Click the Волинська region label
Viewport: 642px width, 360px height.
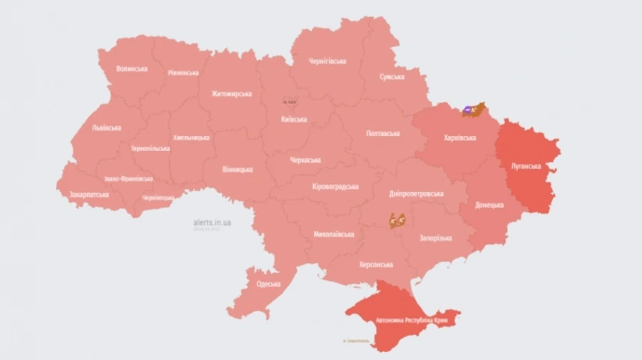pyautogui.click(x=132, y=69)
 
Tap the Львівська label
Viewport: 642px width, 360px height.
pyautogui.click(x=106, y=128)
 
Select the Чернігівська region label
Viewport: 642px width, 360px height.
pyautogui.click(x=327, y=61)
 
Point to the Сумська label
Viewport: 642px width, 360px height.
pyautogui.click(x=392, y=77)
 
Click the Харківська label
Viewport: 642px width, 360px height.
pyautogui.click(x=459, y=138)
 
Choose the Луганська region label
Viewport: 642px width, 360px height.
pyautogui.click(x=526, y=166)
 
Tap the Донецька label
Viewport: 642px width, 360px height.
pyautogui.click(x=490, y=205)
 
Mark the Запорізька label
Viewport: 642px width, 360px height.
pyautogui.click(x=435, y=238)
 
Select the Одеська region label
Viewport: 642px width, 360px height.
pyautogui.click(x=268, y=284)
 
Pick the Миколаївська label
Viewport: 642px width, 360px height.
pyautogui.click(x=334, y=234)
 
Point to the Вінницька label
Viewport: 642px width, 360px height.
pyautogui.click(x=238, y=170)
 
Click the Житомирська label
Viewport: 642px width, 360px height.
pyautogui.click(x=231, y=93)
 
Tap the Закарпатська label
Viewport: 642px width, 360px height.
pyautogui.click(x=89, y=194)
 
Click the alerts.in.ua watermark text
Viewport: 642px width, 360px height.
pyautogui.click(x=212, y=223)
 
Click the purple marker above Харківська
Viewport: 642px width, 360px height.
pyautogui.click(x=467, y=109)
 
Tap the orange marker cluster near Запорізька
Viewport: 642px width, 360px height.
pyautogui.click(x=397, y=220)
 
